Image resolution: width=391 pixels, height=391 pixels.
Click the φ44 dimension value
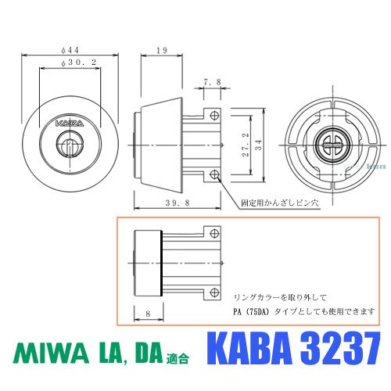(x=70, y=49)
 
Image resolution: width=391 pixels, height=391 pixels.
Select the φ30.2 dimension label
(x=79, y=62)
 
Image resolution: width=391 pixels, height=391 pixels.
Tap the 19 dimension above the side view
(x=162, y=50)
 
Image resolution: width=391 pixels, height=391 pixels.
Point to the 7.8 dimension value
(x=212, y=82)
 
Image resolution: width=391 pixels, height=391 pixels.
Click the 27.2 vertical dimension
(x=246, y=145)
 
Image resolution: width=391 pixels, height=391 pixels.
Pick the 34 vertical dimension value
(x=258, y=145)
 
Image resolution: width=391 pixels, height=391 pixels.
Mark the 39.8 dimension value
(x=178, y=203)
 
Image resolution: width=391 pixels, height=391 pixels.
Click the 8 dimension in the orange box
(x=148, y=314)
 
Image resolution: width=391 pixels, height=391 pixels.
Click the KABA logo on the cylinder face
(x=70, y=123)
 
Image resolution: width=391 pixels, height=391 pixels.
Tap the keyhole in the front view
(x=70, y=144)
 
